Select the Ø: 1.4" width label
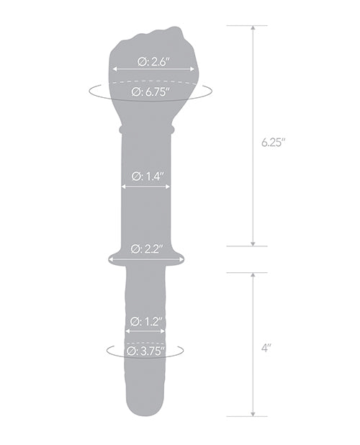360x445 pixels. click(146, 175)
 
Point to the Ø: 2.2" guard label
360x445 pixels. click(146, 249)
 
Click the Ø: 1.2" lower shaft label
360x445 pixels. click(145, 321)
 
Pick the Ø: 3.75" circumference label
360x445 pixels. click(145, 351)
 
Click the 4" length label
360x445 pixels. click(266, 348)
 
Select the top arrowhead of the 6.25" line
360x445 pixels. click(253, 29)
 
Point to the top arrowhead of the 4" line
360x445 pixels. click(253, 276)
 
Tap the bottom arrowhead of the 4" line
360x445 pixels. click(253, 413)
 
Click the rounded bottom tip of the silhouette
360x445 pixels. click(145, 415)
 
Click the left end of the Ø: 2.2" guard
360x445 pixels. click(109, 257)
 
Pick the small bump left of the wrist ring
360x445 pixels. click(120, 130)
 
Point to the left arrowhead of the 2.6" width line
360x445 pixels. click(114, 70)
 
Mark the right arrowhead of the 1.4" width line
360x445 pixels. click(168, 186)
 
